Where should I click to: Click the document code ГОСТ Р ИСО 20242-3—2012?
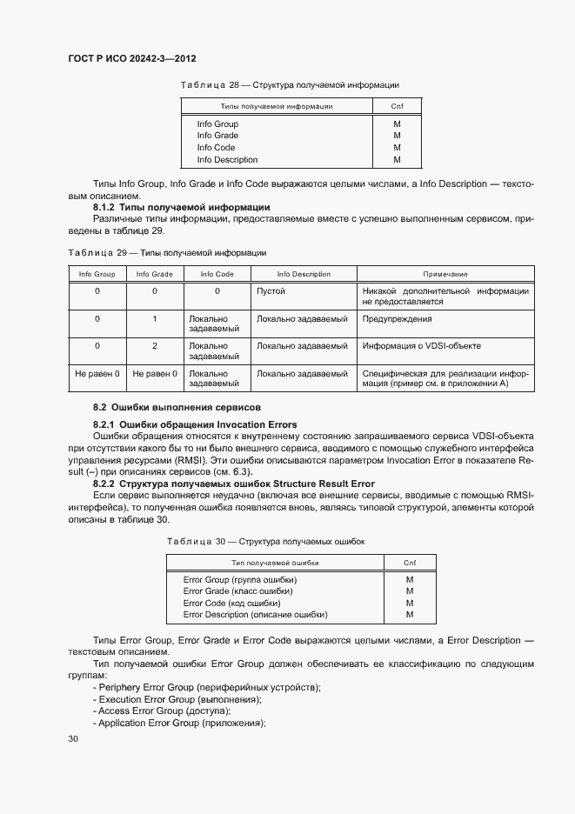(131, 58)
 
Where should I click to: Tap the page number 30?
(73, 739)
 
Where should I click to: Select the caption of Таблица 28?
(289, 85)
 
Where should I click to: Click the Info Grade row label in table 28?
(217, 136)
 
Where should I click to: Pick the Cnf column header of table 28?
(397, 106)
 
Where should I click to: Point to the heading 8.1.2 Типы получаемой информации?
(181, 208)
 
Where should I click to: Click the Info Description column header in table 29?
(304, 274)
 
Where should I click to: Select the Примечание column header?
(445, 274)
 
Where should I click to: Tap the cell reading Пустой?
(271, 291)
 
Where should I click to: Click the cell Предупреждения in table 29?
(398, 319)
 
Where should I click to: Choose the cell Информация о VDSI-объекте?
(422, 346)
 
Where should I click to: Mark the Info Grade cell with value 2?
(155, 346)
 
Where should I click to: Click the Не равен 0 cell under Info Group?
(97, 374)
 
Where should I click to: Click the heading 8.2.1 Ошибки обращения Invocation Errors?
(195, 424)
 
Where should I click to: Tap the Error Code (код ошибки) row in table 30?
(231, 603)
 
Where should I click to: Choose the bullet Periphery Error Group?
(206, 687)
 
